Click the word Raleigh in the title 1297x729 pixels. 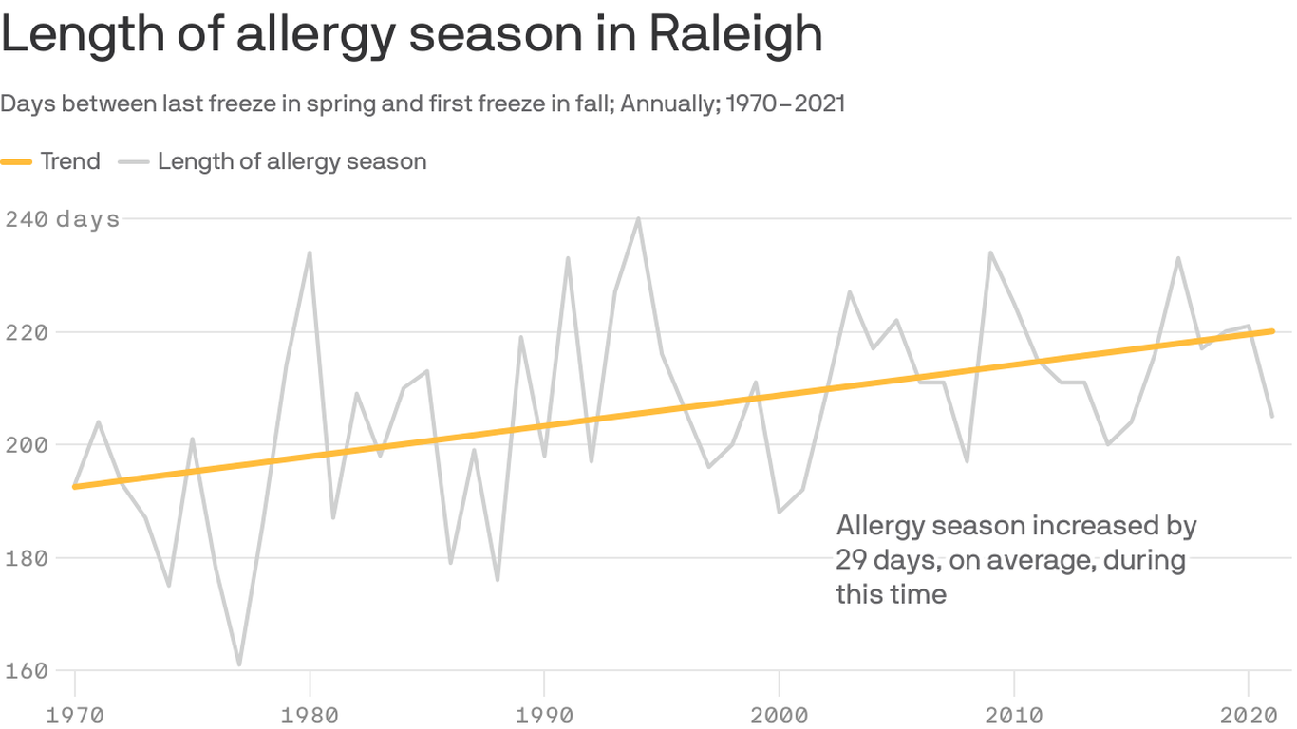735,34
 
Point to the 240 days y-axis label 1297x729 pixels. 63,220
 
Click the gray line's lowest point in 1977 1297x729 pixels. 239,664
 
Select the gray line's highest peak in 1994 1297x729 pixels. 638,218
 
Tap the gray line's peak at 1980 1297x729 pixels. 310,252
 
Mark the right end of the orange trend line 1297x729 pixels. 1272,330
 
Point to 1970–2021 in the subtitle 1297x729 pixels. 785,103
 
